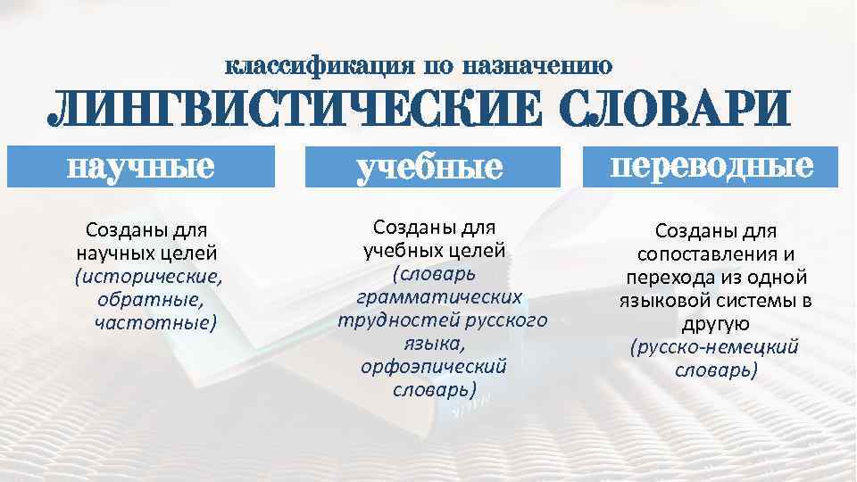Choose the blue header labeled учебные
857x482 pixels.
coord(428,168)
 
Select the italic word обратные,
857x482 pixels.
coord(147,298)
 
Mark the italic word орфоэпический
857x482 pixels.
coord(435,366)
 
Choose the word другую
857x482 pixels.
coord(716,323)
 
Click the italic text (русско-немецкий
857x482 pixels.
coord(714,346)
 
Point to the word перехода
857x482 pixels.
coord(665,278)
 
